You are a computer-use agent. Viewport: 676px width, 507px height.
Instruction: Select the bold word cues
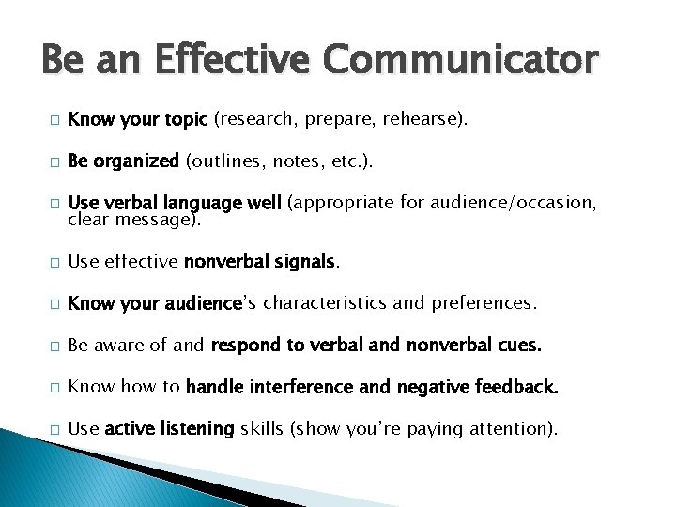click(x=519, y=345)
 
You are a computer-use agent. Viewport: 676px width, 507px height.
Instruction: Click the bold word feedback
click(x=519, y=386)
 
